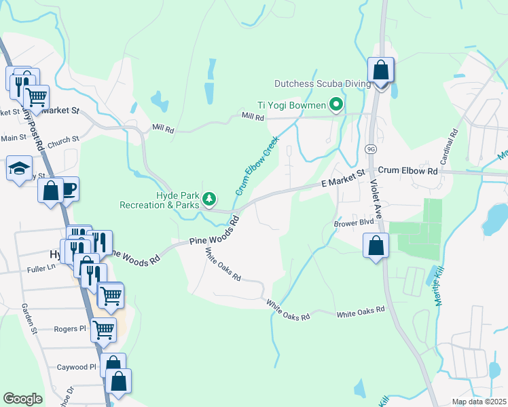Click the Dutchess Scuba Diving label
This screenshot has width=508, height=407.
(323, 84)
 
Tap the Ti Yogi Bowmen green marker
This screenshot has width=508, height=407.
(335, 104)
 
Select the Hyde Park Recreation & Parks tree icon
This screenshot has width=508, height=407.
(211, 199)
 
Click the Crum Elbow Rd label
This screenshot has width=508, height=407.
(408, 171)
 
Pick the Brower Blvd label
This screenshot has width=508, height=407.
(354, 222)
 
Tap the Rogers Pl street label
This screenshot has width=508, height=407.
(71, 329)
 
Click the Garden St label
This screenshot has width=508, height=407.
(29, 319)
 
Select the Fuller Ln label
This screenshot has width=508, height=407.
(41, 267)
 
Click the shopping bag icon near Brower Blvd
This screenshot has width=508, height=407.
(376, 245)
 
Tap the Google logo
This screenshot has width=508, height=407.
(22, 399)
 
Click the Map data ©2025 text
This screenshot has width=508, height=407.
(478, 402)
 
